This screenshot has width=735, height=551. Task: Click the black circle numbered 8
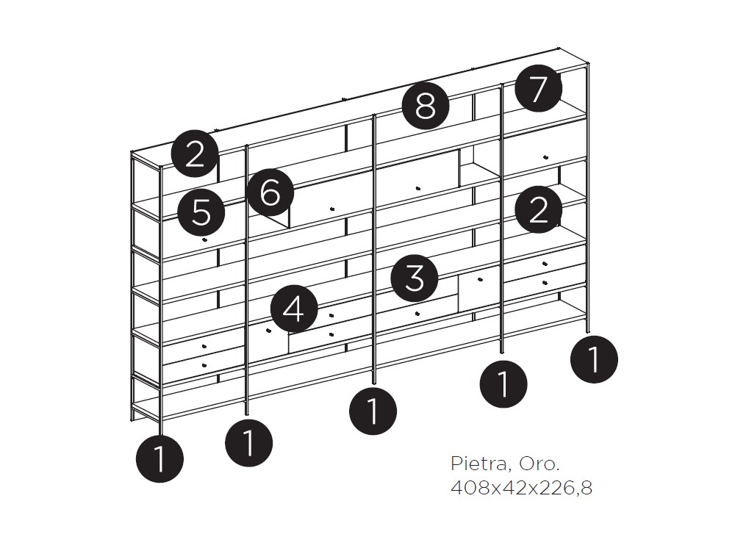click(426, 107)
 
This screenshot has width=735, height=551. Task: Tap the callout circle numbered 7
click(538, 88)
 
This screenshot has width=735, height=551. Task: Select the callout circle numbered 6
click(270, 192)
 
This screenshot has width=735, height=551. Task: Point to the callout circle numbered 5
click(201, 213)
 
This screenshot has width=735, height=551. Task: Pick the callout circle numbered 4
click(294, 309)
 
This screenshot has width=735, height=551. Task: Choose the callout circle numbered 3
click(415, 278)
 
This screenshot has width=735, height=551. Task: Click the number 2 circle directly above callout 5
click(195, 154)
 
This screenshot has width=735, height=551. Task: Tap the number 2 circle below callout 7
click(538, 209)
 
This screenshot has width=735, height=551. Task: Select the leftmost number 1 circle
click(159, 459)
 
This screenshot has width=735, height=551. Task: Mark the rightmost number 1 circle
click(594, 359)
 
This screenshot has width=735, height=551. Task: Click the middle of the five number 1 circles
click(373, 411)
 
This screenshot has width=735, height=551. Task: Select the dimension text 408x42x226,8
click(521, 488)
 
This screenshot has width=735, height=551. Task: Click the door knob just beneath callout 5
click(204, 240)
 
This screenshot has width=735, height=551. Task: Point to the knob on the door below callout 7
click(545, 157)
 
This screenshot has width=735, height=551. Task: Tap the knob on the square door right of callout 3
click(480, 280)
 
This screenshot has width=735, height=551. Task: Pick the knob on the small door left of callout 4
click(268, 331)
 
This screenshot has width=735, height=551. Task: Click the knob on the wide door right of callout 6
click(332, 209)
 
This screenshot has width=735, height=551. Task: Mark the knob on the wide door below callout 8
click(418, 188)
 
